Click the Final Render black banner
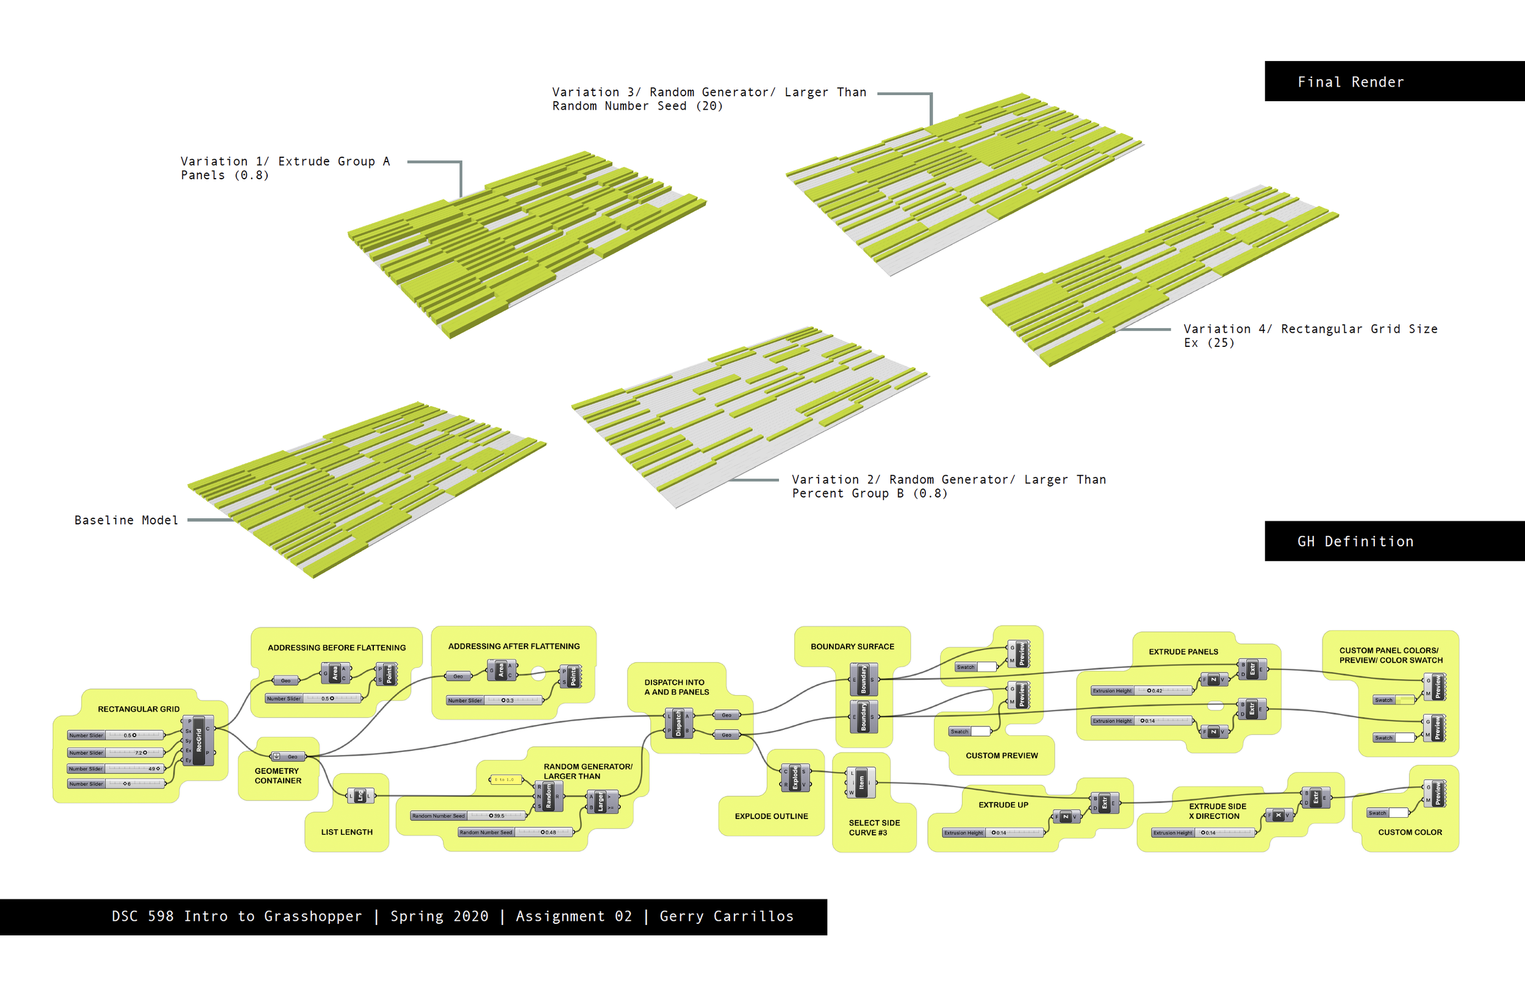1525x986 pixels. click(1394, 81)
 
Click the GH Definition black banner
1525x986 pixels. click(1394, 541)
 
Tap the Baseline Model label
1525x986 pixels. click(126, 520)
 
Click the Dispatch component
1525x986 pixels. click(678, 723)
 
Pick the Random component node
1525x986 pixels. click(548, 796)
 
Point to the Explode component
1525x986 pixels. click(795, 778)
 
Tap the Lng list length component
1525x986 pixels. click(360, 796)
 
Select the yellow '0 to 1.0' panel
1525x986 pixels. click(505, 779)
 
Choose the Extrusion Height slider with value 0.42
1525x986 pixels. click(1142, 691)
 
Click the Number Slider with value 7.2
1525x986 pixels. click(116, 752)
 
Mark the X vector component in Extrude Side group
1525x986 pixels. click(1279, 816)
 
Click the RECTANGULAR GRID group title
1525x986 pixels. click(138, 709)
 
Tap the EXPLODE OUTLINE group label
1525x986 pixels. click(771, 816)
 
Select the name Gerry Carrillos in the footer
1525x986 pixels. click(727, 916)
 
